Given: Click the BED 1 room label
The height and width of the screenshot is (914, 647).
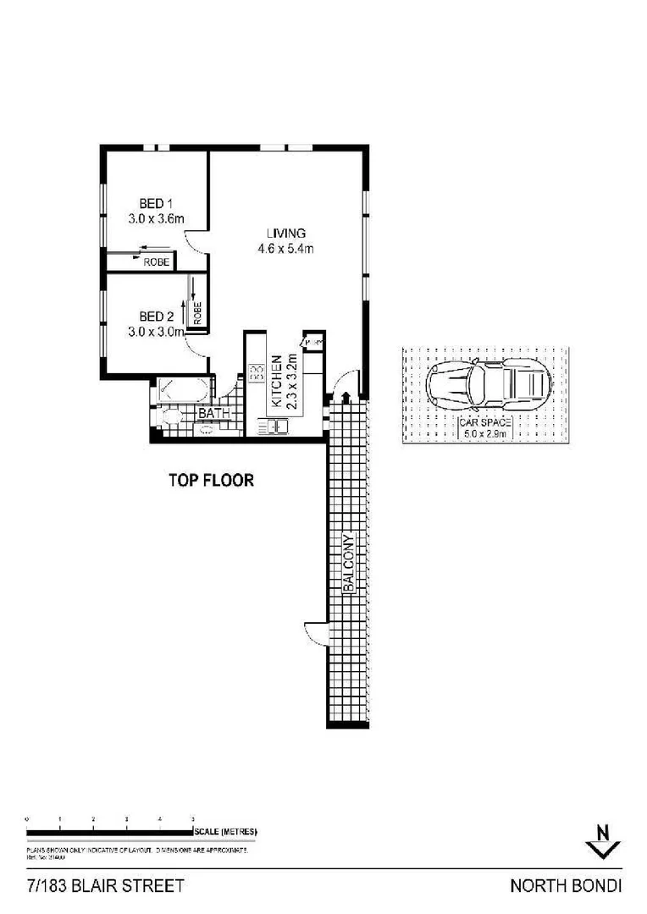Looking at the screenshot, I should coord(156,203).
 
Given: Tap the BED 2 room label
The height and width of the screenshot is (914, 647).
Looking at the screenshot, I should coord(156,317).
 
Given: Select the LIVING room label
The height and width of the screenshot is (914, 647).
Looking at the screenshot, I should coord(285,234).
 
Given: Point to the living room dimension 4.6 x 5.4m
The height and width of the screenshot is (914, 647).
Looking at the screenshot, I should coord(285,249).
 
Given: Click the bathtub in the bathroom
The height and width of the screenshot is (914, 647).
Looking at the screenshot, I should coord(180,393).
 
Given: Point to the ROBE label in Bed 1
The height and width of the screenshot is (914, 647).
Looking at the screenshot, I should coord(156,262).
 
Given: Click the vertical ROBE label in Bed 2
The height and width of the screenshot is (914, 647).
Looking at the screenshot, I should coord(197,312).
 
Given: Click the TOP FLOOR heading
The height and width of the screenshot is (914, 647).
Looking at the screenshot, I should coord(211,481).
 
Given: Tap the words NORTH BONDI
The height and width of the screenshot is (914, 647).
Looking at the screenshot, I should coord(566,887).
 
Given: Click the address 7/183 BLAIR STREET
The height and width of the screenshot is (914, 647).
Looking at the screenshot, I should coord(105,887).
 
